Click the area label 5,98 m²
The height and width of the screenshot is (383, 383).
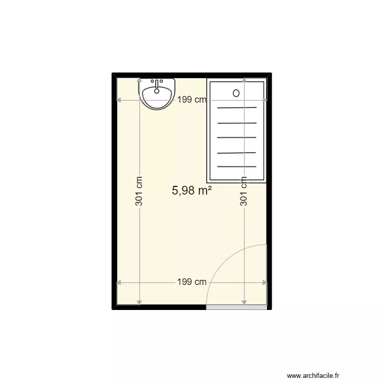click(192, 190)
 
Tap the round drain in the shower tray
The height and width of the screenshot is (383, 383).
click(236, 93)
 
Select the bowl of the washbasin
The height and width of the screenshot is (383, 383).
click(157, 95)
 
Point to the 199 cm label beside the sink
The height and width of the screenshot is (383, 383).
click(192, 100)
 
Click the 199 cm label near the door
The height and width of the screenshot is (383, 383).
click(192, 282)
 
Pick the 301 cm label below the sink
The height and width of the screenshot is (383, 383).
click(139, 192)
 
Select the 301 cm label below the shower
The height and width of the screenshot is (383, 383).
click(244, 192)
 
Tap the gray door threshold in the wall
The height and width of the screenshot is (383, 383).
click(236, 308)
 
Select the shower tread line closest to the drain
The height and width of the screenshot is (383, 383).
click(237, 108)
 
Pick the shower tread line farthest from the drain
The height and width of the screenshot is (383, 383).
click(237, 166)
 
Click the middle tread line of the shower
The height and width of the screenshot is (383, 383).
click(237, 137)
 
